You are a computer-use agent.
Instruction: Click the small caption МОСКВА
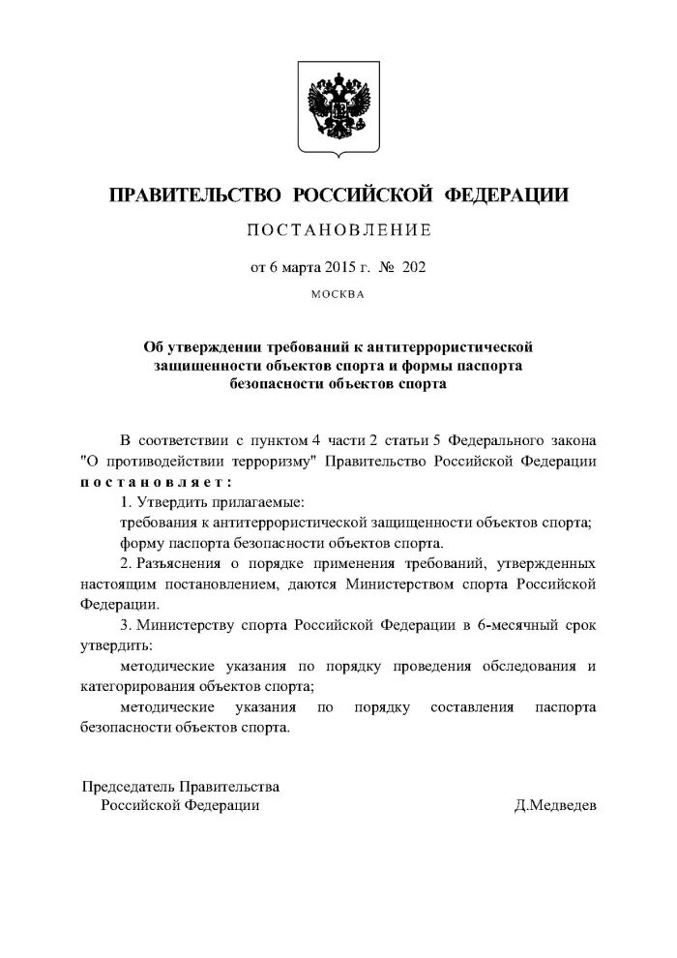click(338, 294)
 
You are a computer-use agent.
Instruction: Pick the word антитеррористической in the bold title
click(456, 346)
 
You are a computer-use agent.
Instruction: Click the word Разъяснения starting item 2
click(176, 563)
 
